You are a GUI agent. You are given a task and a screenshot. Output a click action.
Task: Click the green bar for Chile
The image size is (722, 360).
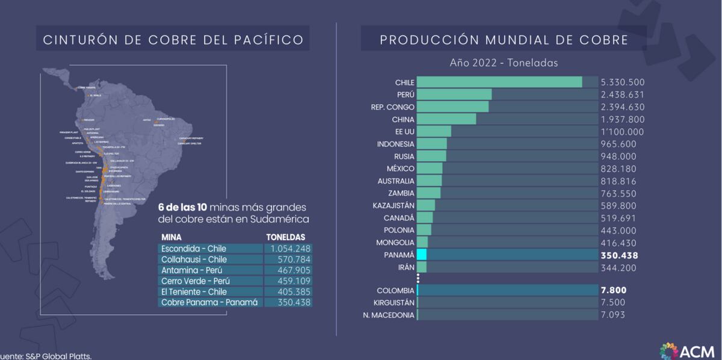(499, 82)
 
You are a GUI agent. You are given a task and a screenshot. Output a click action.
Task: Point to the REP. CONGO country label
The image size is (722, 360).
(392, 107)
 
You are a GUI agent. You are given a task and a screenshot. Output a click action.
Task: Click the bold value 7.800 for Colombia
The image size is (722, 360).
(613, 290)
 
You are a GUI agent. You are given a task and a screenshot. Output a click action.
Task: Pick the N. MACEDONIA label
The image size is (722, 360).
(389, 315)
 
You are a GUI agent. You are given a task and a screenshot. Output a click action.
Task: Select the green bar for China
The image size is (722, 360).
(446, 119)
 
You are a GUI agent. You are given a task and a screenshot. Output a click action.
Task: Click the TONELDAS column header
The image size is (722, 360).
(286, 237)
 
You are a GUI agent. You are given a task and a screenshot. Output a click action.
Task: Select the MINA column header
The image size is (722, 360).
(171, 237)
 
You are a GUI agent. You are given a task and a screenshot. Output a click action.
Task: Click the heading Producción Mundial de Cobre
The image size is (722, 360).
(504, 40)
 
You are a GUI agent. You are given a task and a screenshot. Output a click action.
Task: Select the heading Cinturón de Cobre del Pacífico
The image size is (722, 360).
(173, 40)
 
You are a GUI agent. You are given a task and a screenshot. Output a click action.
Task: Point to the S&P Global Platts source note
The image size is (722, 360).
(46, 356)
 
